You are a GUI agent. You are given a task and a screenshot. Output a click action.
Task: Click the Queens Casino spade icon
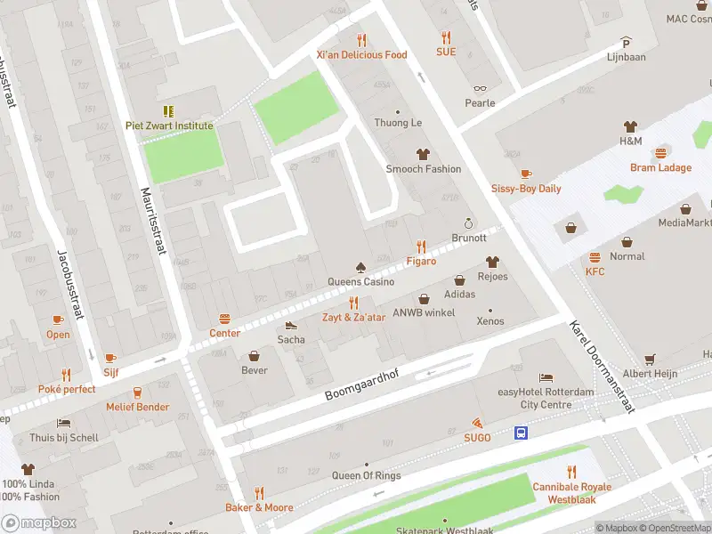click(x=360, y=267)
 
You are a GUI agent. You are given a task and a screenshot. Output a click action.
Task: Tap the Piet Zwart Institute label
click(x=169, y=125)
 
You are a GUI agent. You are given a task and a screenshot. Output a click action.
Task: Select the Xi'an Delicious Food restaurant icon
click(x=361, y=40)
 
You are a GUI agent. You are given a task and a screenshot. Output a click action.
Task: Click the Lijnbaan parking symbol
click(x=626, y=42)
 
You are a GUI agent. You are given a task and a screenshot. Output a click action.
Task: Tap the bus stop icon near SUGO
click(x=521, y=433)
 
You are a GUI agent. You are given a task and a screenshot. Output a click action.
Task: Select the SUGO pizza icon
click(x=477, y=423)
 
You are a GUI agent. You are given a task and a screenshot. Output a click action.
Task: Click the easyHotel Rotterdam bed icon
click(x=546, y=378)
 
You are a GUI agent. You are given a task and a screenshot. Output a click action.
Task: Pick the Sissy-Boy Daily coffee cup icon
click(x=526, y=174)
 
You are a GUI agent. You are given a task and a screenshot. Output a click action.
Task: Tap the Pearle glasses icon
click(x=480, y=88)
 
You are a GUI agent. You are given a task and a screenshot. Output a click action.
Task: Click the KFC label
click(x=595, y=271)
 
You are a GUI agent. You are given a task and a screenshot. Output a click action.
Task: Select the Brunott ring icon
click(x=469, y=223)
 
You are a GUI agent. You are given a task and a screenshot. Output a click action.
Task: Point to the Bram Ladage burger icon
click(x=660, y=153)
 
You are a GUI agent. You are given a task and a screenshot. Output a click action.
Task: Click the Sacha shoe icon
click(x=291, y=325)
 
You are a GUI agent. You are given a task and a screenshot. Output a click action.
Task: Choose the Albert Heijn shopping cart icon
click(x=650, y=359)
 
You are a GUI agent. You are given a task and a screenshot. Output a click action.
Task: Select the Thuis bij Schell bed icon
click(x=62, y=423)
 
